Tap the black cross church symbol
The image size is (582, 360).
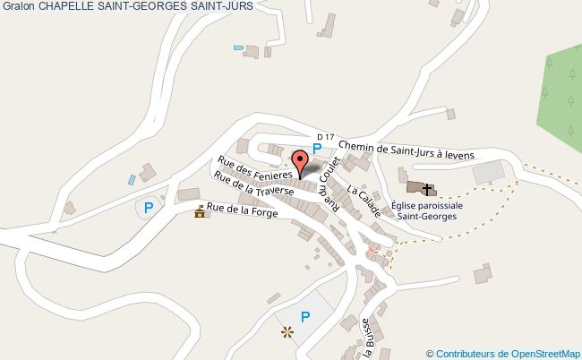tap(428, 189)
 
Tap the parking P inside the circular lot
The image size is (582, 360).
tap(149, 208)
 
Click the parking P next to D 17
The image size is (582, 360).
tap(316, 149)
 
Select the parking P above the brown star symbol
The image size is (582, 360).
tap(305, 316)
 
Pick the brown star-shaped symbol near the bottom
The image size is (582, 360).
tap(287, 333)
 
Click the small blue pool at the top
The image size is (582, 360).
tap(238, 47)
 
